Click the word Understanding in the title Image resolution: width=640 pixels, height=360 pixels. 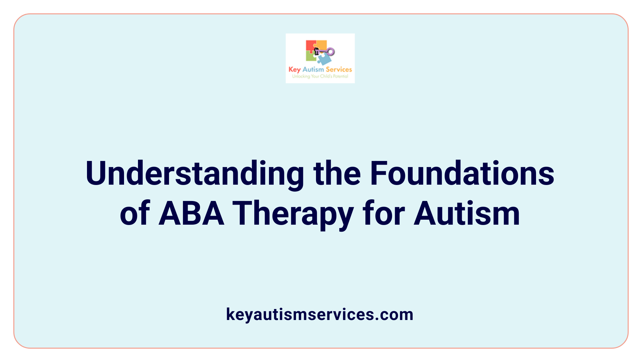[x=195, y=174]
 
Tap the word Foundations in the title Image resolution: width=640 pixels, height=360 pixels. [x=462, y=173]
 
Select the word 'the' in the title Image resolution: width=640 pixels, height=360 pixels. [x=337, y=173]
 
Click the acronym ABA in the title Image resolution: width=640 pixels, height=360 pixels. [x=191, y=214]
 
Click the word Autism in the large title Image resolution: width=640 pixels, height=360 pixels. [x=467, y=214]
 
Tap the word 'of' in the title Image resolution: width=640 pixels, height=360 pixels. [x=135, y=214]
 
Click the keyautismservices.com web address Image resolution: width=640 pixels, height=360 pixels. [x=320, y=314]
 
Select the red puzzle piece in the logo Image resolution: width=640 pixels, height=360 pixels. [x=311, y=46]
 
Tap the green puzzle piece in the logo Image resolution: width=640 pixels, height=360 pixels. [x=311, y=57]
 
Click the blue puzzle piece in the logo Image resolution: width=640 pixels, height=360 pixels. [x=324, y=59]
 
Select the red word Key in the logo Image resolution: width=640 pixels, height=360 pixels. [x=295, y=70]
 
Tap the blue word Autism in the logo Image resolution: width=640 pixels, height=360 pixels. [x=313, y=69]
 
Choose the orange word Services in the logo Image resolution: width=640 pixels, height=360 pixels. [x=339, y=69]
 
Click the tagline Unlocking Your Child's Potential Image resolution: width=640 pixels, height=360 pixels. [x=320, y=76]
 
